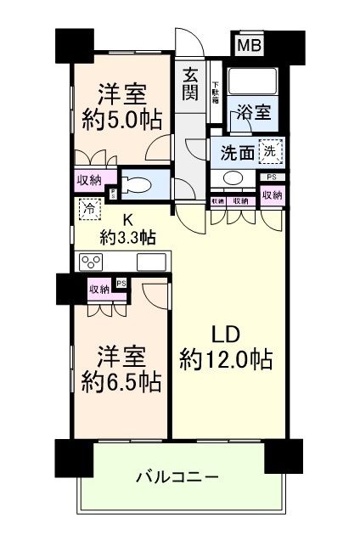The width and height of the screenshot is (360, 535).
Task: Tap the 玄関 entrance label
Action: (x=191, y=83)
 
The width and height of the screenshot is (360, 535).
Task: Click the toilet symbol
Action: (x=139, y=182)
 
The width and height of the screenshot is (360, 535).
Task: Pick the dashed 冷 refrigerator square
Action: (x=87, y=206)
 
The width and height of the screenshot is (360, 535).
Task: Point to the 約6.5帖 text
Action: (x=116, y=380)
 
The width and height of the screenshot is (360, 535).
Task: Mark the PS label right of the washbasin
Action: (x=271, y=177)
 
